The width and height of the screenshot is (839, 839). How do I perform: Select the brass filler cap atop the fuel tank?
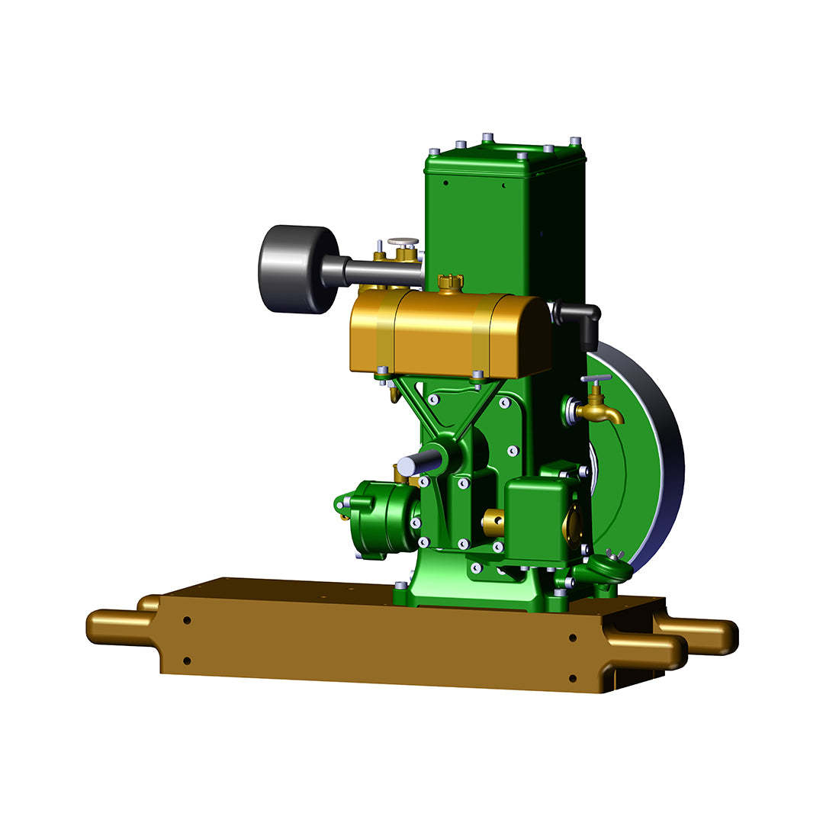point(451,283)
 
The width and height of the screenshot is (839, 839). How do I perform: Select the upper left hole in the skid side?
point(187,620)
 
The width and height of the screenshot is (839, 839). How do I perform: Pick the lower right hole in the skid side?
point(572,677)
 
